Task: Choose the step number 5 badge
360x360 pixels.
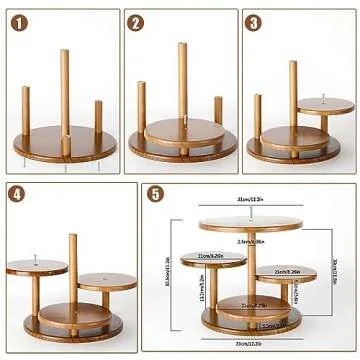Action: coord(155,194)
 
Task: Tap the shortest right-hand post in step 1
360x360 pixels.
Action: coord(98,117)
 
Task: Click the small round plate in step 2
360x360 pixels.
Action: coord(182,130)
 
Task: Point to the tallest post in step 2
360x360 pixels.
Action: coord(182,80)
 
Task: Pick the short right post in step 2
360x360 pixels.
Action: coord(217,110)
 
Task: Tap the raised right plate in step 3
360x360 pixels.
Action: coord(317,107)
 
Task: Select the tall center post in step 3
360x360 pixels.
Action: coord(293,95)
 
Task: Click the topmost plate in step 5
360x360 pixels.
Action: coord(249,222)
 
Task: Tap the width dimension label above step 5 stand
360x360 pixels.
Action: coord(249,200)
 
